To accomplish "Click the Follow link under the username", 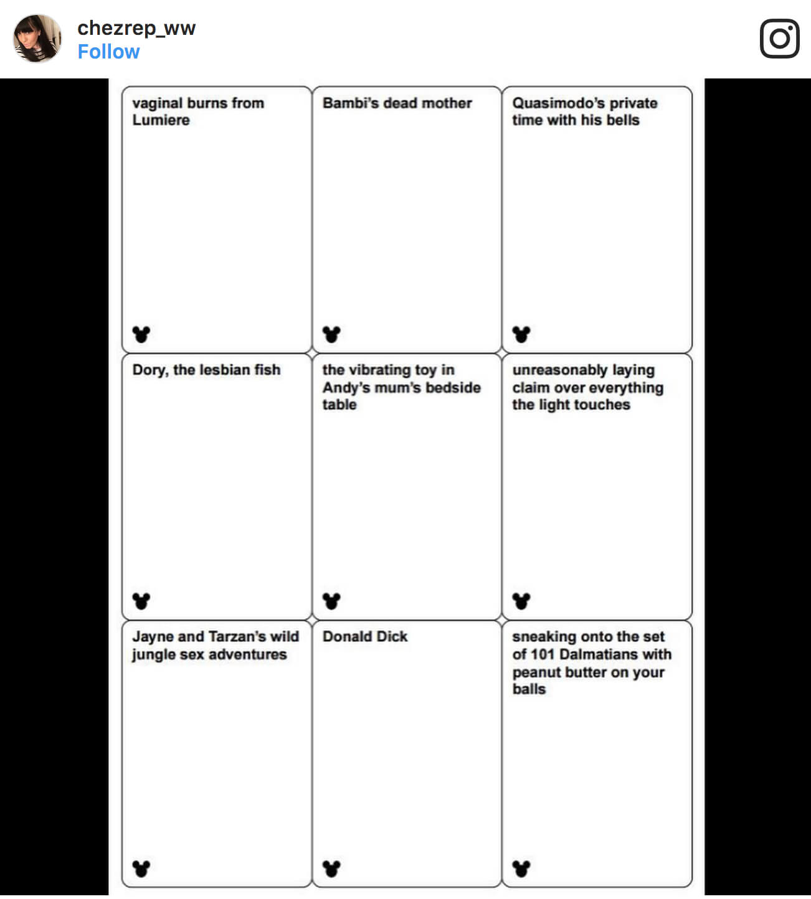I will point(108,52).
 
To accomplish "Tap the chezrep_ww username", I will point(136,28).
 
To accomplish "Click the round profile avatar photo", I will point(37,39).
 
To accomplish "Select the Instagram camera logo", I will point(779,39).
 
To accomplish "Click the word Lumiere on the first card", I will point(161,120).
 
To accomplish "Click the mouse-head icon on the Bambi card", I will point(331,334).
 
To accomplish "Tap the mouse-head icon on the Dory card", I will point(141,601).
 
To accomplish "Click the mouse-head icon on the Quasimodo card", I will point(521,334).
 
